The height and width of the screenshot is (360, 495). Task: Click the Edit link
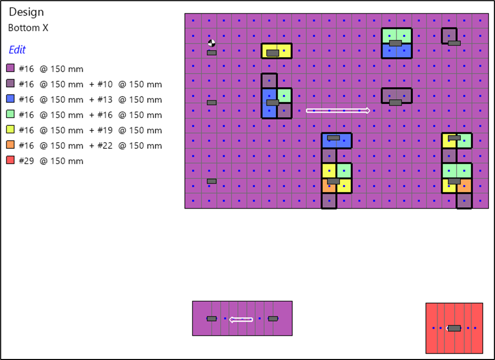click(x=17, y=50)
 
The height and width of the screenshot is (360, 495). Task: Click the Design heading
click(x=26, y=12)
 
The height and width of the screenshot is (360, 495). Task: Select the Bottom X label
click(x=28, y=28)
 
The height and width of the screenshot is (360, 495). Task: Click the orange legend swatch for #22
click(x=10, y=145)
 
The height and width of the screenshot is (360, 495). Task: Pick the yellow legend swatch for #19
click(x=10, y=129)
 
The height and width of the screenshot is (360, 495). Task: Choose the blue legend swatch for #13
click(x=10, y=99)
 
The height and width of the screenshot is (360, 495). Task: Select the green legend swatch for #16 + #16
click(x=10, y=114)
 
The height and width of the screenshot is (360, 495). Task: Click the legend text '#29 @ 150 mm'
click(x=51, y=161)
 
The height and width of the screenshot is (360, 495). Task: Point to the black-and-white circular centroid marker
click(x=212, y=43)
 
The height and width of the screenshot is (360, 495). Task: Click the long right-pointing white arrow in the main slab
click(x=338, y=110)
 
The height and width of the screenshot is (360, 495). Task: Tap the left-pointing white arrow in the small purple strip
click(x=241, y=320)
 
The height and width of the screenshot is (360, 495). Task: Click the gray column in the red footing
click(x=454, y=328)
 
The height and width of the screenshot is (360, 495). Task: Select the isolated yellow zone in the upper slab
click(x=277, y=51)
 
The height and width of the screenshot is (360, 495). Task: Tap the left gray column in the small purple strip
click(x=212, y=319)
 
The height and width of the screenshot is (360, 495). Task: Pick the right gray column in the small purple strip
click(x=273, y=319)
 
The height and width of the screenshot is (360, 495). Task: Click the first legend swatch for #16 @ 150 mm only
click(x=10, y=68)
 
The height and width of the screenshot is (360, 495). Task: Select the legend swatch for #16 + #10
click(x=10, y=83)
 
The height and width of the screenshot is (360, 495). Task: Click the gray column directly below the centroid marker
click(x=212, y=53)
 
